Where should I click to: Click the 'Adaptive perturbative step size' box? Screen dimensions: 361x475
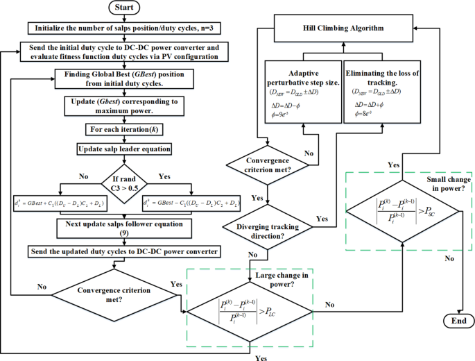[x=302, y=93]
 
